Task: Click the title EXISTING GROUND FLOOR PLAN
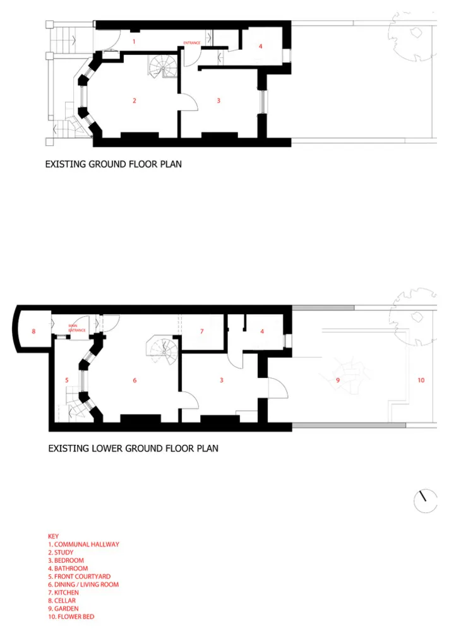click(x=113, y=164)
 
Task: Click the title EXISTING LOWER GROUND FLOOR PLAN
click(x=133, y=448)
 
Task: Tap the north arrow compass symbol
click(x=425, y=501)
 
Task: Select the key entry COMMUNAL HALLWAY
click(x=84, y=544)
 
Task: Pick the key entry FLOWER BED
click(x=71, y=616)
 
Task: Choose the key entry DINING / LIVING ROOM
click(x=83, y=584)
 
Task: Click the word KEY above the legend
click(x=53, y=536)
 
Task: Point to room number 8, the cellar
click(x=34, y=331)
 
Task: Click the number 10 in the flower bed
click(x=421, y=380)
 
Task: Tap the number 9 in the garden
click(x=338, y=380)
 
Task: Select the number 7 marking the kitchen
click(x=201, y=331)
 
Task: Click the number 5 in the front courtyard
click(x=67, y=380)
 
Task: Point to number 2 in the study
click(x=135, y=100)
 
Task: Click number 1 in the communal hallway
click(x=134, y=42)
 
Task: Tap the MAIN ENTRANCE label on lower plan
click(x=76, y=328)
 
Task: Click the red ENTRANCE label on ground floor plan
click(x=192, y=43)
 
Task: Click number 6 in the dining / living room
click(x=135, y=380)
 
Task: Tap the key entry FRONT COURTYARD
click(x=80, y=576)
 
